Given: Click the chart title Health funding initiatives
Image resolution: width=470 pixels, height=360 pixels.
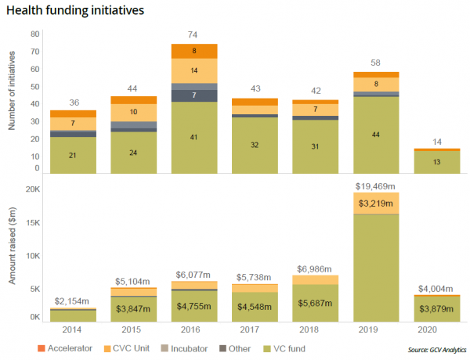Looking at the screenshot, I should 74,13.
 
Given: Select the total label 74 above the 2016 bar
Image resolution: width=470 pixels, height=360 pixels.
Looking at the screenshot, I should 193,35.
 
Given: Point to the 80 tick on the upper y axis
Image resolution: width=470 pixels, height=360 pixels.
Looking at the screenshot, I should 35,34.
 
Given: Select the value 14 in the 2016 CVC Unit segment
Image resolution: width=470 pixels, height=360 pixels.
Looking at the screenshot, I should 193,70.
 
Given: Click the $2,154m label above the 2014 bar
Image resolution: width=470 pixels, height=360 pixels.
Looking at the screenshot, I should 74,301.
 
